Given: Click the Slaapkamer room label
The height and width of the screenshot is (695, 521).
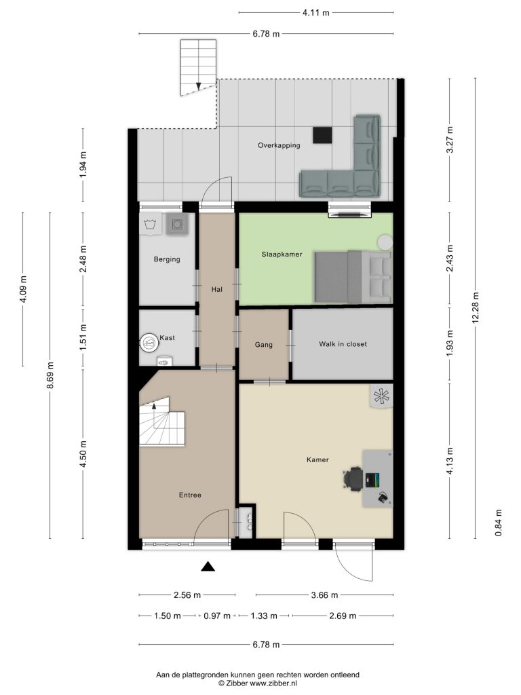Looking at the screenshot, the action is point(282,255).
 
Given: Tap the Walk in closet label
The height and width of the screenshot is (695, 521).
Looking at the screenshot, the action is point(343,344).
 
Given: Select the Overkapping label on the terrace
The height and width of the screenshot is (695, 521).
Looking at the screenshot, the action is point(279,145).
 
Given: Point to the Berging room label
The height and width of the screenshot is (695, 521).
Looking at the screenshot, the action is point(167,259).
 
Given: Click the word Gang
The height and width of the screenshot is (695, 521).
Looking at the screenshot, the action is point(264,345).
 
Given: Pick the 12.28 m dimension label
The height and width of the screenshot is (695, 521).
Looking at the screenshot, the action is point(476,307).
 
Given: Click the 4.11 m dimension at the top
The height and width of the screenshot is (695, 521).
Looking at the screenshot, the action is point(316,12).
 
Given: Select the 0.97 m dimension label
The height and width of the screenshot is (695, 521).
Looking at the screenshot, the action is point(217,616).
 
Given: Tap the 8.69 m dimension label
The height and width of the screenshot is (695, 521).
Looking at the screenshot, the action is point(50,375).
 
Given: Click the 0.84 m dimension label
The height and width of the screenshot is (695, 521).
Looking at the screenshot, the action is point(499,523).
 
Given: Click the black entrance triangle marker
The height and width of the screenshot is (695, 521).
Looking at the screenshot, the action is point(208,567).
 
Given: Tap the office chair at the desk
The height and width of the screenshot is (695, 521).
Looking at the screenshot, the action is point(353,478).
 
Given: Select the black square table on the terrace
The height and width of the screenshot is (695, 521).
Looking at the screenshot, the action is point(322,135).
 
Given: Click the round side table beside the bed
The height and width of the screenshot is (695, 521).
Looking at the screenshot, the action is point(385,242).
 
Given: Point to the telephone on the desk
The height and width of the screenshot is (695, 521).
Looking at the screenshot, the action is point(384,498).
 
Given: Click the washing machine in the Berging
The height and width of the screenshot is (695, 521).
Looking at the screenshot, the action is point(177,224).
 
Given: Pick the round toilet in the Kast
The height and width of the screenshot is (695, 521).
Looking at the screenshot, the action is point(149,343).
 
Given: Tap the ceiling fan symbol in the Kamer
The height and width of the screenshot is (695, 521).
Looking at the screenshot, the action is point(381,396).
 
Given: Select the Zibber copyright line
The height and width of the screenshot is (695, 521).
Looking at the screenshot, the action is point(258,683).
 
